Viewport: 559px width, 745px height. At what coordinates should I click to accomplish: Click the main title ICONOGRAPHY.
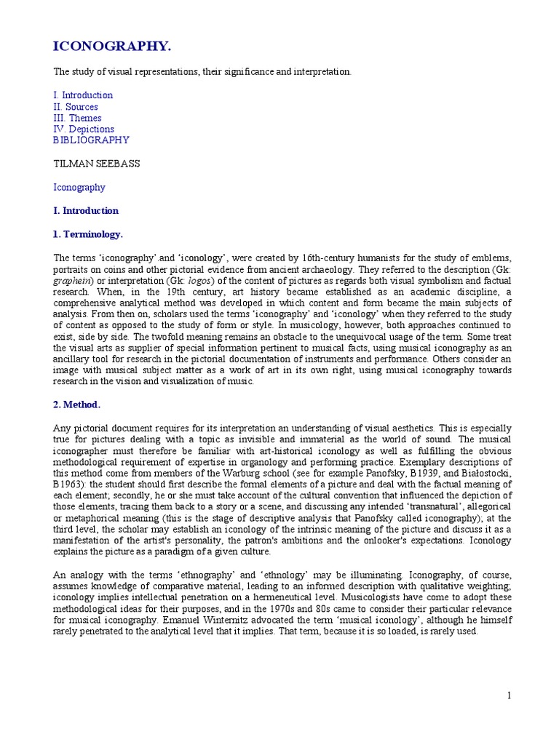112,47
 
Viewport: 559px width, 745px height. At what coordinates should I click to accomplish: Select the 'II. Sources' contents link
76,107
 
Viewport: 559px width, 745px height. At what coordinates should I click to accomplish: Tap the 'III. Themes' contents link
77,118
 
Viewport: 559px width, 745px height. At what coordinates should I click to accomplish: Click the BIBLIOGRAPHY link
91,140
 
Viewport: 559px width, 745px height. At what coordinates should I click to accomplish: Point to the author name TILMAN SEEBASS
97,164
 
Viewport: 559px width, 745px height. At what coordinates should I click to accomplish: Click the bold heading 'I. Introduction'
86,211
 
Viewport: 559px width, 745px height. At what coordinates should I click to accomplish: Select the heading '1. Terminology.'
88,234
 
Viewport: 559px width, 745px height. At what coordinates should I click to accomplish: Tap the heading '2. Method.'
77,404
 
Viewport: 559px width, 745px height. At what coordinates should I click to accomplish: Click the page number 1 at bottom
510,696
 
